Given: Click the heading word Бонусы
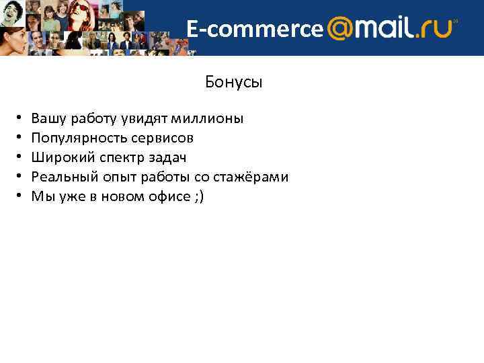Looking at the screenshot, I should [233, 83].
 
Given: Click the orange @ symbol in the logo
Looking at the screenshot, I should [341, 29].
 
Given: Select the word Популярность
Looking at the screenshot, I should [71, 138].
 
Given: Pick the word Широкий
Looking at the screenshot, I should [56, 158].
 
